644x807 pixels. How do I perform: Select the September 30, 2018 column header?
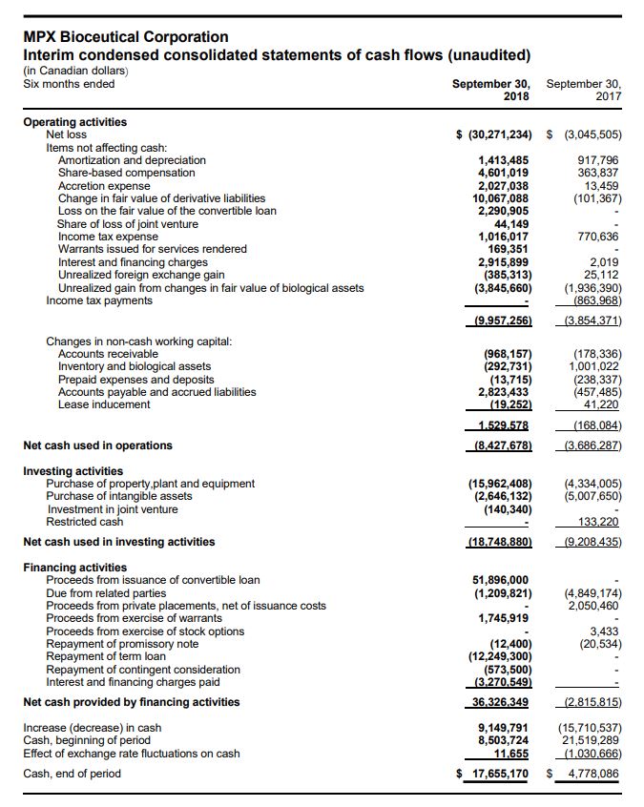click(x=491, y=90)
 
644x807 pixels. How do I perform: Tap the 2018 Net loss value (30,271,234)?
click(x=497, y=134)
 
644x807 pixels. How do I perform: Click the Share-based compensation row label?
click(x=126, y=173)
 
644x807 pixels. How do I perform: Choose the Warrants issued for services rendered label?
click(x=152, y=249)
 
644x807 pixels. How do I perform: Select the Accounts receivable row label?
click(x=108, y=354)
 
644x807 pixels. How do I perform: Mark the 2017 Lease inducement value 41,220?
click(x=601, y=404)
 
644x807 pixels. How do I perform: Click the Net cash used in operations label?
click(x=97, y=445)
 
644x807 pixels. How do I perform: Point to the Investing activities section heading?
click(x=73, y=471)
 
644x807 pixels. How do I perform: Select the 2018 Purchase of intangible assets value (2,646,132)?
click(x=499, y=496)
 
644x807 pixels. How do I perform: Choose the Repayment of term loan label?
click(x=105, y=656)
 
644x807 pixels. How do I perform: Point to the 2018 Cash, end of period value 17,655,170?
click(x=498, y=774)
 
